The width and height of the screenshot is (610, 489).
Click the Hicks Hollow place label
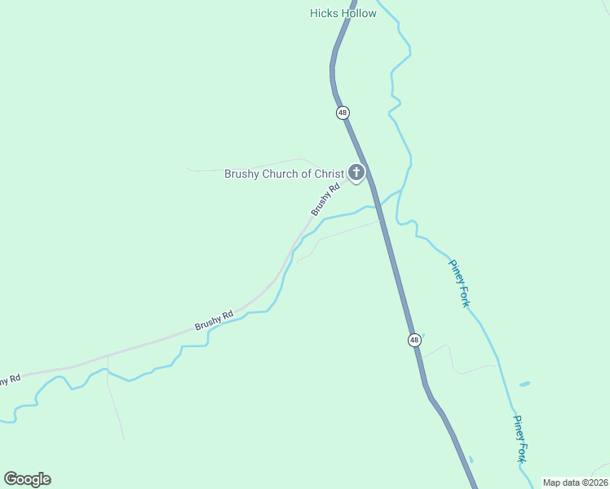343,13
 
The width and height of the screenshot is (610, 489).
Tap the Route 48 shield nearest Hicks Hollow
343,112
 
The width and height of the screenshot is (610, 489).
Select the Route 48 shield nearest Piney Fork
414,339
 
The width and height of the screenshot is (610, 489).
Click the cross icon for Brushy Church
356,172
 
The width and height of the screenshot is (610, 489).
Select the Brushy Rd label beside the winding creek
214,320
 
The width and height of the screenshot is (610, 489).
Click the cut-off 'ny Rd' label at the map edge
9,381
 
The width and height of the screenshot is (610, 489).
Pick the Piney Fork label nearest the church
459,283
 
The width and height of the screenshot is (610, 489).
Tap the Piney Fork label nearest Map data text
520,439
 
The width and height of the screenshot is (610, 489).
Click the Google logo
27,479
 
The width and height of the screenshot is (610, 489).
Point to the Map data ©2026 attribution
575,482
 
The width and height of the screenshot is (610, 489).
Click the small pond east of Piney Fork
524,383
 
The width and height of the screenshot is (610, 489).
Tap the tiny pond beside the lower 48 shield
422,335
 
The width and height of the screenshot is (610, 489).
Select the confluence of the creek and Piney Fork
402,192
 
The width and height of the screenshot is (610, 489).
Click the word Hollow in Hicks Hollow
360,13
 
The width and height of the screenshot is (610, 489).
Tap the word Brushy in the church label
242,174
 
